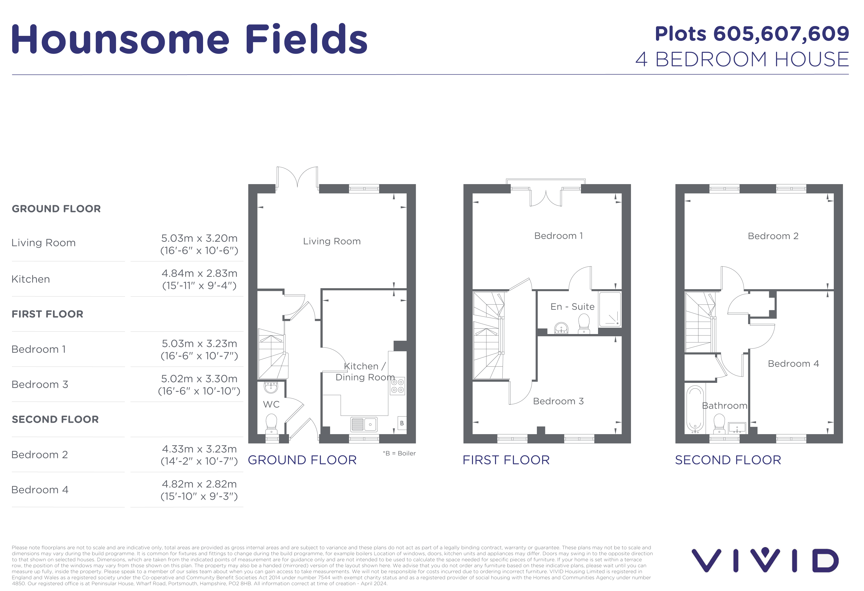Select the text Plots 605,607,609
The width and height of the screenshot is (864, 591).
point(752,34)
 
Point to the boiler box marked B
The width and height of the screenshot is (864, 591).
point(401,423)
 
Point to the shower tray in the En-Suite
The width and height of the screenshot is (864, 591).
point(609,310)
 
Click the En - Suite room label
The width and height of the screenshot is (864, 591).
point(572,307)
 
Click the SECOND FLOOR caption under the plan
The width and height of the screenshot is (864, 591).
point(728,460)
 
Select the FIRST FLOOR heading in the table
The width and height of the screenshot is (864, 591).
point(48,314)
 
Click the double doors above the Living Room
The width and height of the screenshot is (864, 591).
point(297,178)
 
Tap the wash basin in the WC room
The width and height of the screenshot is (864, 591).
point(271,387)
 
